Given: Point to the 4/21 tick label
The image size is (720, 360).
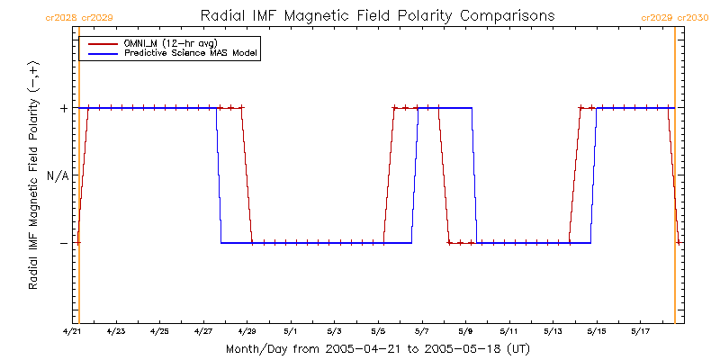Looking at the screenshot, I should (x=72, y=332).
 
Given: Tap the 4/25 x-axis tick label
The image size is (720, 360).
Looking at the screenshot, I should (x=159, y=332).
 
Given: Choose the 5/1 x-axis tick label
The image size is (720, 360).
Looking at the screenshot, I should (x=291, y=332).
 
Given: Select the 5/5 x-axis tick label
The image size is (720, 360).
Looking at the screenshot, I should (x=378, y=332).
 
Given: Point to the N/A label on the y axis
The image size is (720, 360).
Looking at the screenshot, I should (x=57, y=175).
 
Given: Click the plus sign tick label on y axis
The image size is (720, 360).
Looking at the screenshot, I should (x=64, y=109).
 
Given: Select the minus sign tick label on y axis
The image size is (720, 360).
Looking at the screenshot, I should (x=64, y=243).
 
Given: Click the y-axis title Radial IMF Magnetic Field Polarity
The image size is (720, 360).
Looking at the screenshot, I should (x=33, y=175).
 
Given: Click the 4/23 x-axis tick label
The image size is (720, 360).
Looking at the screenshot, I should (x=116, y=332).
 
